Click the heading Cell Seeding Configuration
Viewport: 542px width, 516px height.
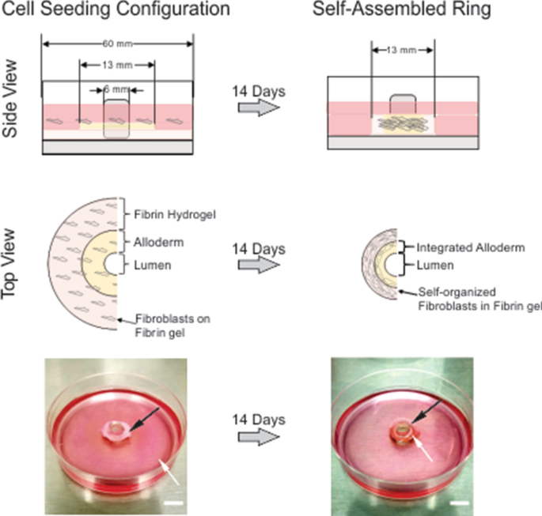[x=118, y=11]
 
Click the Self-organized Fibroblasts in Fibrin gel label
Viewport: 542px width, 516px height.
[x=472, y=298]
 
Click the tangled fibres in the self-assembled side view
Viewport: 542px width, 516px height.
[x=400, y=122]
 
